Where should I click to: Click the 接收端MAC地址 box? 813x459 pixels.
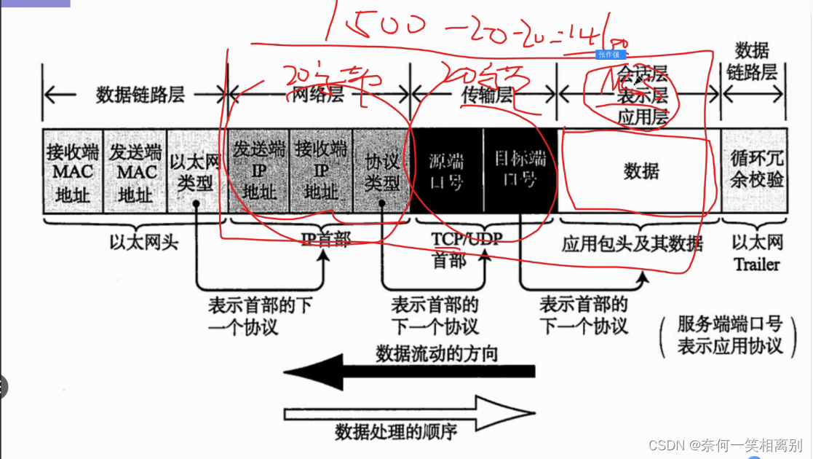[x=73, y=172]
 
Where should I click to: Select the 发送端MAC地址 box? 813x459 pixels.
[x=135, y=172]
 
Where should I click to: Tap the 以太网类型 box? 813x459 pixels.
[x=197, y=172]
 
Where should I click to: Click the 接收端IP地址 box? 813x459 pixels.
[x=321, y=172]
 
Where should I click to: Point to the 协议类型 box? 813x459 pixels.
[x=381, y=172]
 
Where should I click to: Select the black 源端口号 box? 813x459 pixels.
[x=446, y=172]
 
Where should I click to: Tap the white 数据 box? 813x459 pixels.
[x=641, y=172]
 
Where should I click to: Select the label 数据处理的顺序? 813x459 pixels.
[x=396, y=432]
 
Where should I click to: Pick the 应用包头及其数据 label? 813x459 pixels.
[x=632, y=243]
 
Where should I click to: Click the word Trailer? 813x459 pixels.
[x=756, y=264]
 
